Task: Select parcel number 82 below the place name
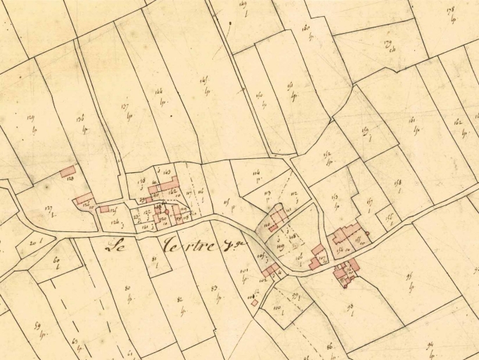pos(181,300)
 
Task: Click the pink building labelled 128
pos(68,172)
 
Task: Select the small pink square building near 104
pos(255,303)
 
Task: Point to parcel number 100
pos(276,308)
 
